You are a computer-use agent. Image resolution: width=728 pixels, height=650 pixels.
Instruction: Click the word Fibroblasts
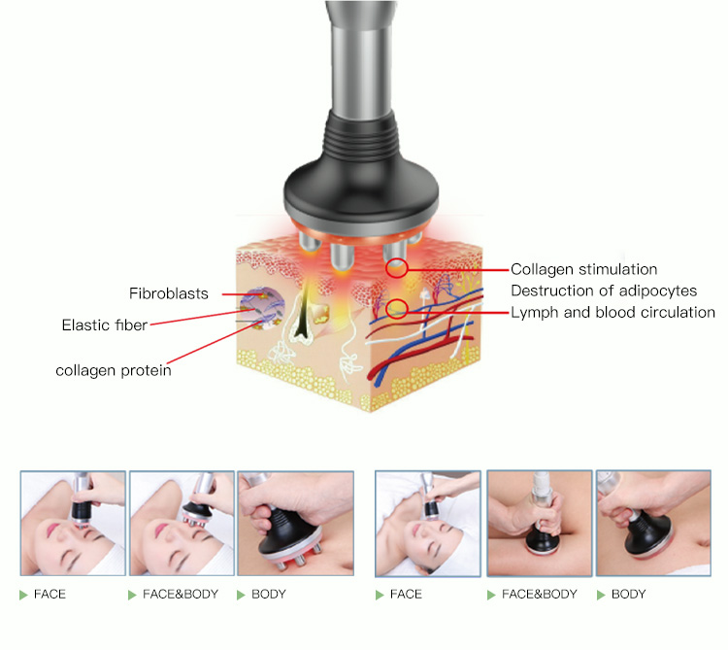point(168,293)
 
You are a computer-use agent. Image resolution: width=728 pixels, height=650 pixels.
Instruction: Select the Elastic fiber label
point(104,325)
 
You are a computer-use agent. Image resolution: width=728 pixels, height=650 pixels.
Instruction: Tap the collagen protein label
point(113,370)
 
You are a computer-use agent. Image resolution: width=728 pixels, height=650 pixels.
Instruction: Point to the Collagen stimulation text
point(583,269)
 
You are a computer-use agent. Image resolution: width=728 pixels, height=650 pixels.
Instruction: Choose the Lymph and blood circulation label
point(612,312)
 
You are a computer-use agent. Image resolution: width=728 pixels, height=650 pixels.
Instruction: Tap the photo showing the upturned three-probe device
point(294,524)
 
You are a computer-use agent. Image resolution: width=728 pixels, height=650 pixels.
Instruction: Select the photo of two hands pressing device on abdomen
point(539,524)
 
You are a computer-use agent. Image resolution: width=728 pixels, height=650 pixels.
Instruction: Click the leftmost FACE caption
point(50,594)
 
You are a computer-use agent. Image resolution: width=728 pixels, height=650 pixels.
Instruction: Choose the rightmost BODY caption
point(628,594)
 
